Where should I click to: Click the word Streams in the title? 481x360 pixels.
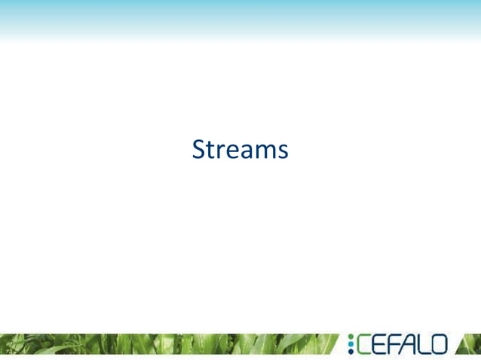pos(240,149)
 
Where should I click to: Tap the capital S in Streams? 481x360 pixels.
pos(199,149)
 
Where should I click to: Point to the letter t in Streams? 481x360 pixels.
pos(211,150)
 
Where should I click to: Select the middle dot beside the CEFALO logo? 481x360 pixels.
pos(351,344)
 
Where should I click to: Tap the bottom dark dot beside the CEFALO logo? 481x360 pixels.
pos(351,352)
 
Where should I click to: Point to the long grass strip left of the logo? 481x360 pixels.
pos(166,344)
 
